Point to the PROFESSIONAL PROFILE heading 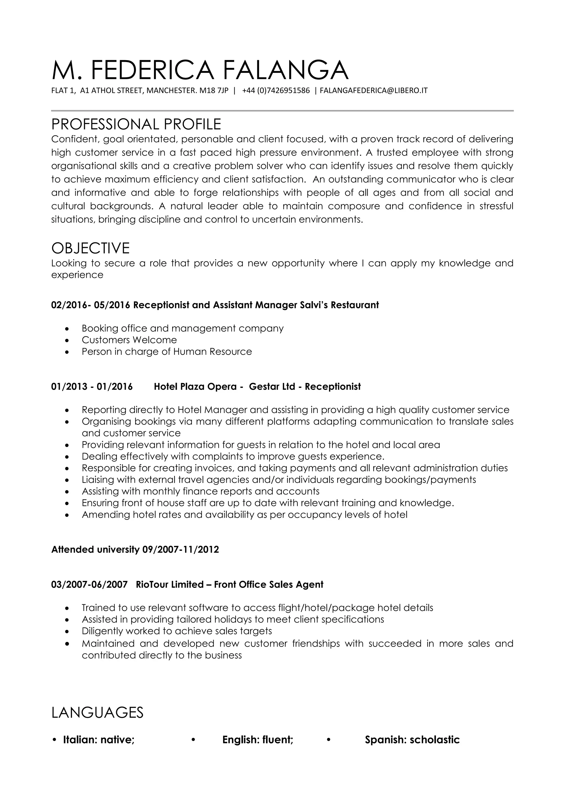tap(136, 124)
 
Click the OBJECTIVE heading tap(90, 248)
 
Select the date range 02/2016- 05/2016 tap(90, 305)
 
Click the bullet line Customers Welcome tap(129, 340)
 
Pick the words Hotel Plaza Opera tap(195, 387)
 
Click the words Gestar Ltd tap(272, 387)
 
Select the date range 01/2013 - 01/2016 tap(92, 387)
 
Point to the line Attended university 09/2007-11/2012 tap(135, 549)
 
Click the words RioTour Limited tap(170, 584)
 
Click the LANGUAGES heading tap(97, 712)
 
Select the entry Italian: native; tap(98, 739)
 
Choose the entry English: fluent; tap(258, 739)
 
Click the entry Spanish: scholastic tap(412, 739)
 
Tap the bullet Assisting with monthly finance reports tap(200, 491)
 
